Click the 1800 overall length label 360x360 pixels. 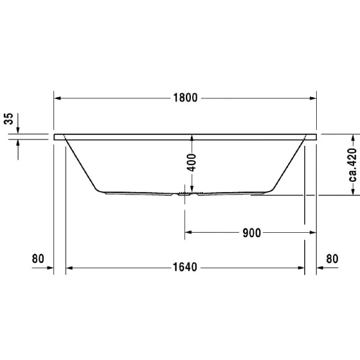click(186, 98)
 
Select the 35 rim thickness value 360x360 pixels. click(8, 119)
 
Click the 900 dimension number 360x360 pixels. click(252, 233)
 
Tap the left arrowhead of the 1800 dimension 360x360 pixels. click(59, 98)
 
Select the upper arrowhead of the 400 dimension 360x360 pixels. click(191, 137)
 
